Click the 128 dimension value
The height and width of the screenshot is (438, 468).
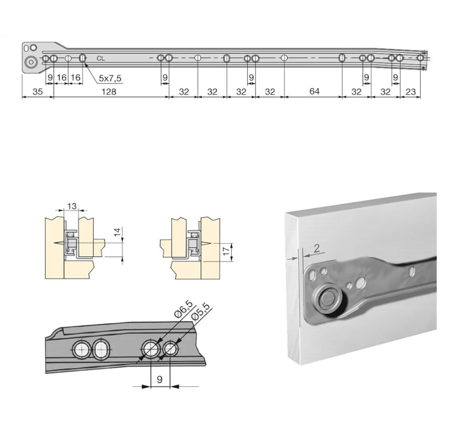pyautogui.click(x=109, y=91)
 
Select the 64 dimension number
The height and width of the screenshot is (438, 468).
pyautogui.click(x=314, y=91)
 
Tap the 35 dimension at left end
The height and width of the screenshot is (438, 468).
pyautogui.click(x=38, y=91)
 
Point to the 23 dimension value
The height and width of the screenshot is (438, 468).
pyautogui.click(x=411, y=91)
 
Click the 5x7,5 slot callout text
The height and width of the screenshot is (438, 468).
pyautogui.click(x=110, y=79)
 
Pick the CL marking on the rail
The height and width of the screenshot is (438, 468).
pyautogui.click(x=101, y=59)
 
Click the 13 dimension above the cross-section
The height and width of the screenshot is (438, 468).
pyautogui.click(x=72, y=206)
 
